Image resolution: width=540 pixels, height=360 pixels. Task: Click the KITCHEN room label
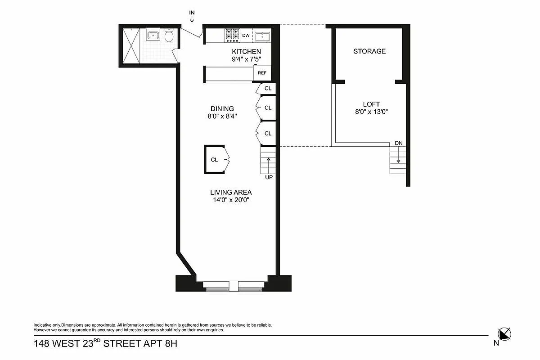[x=246, y=52]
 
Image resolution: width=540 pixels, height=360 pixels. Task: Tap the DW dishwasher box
[x=246, y=35]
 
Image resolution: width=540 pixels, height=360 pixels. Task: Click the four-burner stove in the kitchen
[x=232, y=35]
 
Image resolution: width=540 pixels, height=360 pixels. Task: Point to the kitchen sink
[x=262, y=35]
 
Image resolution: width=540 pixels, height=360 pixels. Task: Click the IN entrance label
[x=192, y=12]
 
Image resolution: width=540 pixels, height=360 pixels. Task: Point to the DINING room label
[x=222, y=108]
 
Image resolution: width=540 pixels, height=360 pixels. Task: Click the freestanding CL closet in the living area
[x=215, y=159]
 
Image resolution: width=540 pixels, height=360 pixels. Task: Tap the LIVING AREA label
[x=231, y=192]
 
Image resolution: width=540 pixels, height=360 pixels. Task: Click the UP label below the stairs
[x=269, y=177]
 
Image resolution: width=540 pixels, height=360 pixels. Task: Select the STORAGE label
[x=369, y=51]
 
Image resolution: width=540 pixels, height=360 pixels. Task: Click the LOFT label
[x=371, y=104]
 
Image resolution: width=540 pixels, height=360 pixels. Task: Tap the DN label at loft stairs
[x=399, y=143]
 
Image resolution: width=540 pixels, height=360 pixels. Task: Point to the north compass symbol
[x=504, y=333]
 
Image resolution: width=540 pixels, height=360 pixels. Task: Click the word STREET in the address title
[x=123, y=344]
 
